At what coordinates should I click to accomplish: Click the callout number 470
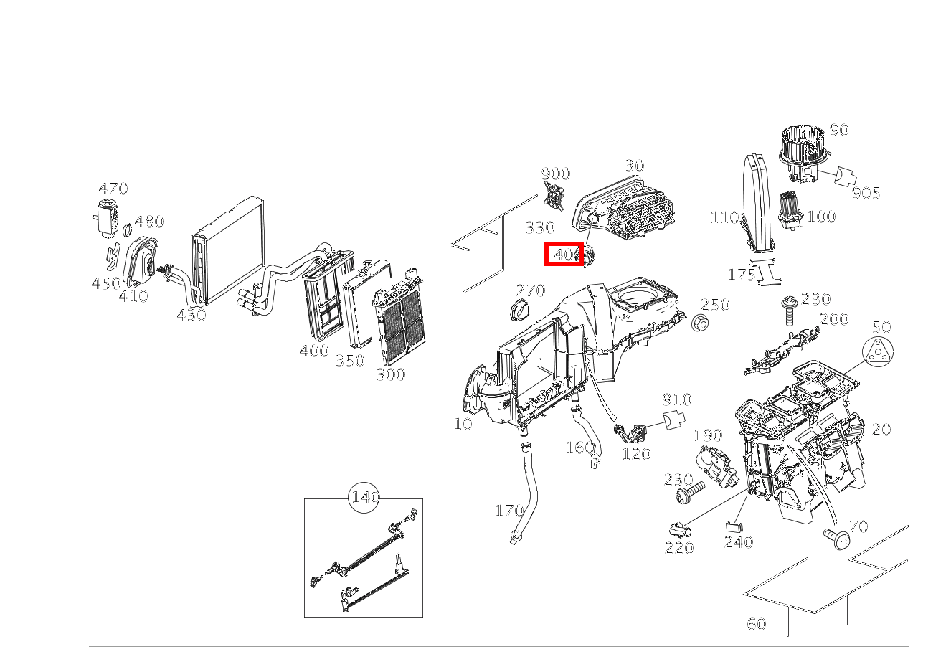[x=113, y=189]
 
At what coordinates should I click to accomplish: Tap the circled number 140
[x=365, y=498]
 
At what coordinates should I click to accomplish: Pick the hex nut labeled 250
[x=700, y=323]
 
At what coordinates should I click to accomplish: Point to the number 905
[x=866, y=193]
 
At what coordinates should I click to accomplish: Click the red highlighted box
[x=564, y=254]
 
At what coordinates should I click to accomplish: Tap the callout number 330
[x=539, y=228]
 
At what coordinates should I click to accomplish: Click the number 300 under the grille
[x=390, y=374]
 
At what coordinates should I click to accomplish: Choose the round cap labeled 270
[x=517, y=313]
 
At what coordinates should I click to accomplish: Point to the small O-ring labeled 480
[x=126, y=230]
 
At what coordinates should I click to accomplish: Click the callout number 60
[x=757, y=624]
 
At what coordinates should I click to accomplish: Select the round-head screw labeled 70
[x=836, y=538]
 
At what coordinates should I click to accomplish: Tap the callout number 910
[x=676, y=399]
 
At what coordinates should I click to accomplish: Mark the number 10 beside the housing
[x=463, y=424]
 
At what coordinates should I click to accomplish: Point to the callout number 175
[x=742, y=275]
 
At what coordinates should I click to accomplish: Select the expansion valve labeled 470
[x=105, y=217]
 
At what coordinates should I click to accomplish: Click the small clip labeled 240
[x=734, y=527]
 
